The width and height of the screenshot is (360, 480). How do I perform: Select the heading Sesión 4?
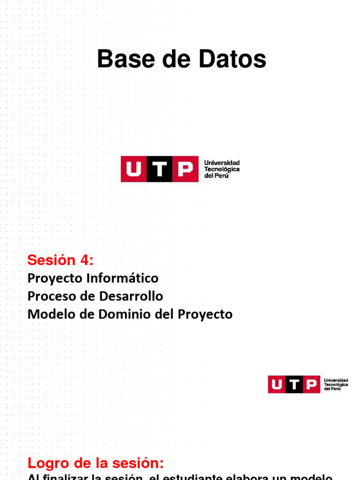pos(60,259)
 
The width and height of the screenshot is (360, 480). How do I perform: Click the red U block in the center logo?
pos(134,169)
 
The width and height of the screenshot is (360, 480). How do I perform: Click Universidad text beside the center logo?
pos(222,163)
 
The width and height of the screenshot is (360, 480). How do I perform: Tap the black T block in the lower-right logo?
pos(294,384)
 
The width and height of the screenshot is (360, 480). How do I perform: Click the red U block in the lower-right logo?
pos(277,384)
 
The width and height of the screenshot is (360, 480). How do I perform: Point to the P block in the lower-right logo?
pos(311,384)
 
